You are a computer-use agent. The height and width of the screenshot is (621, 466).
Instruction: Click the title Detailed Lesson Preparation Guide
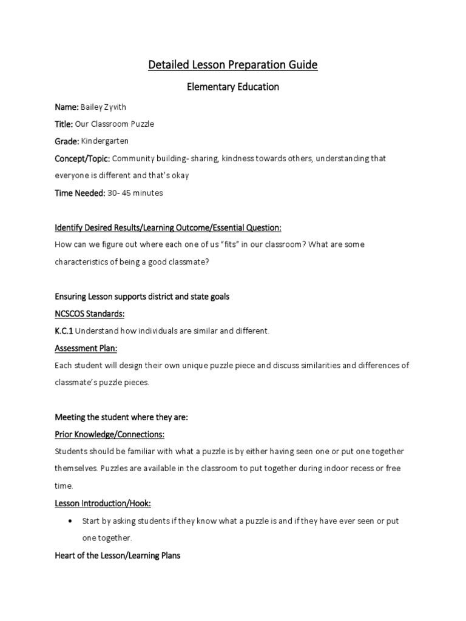(233, 64)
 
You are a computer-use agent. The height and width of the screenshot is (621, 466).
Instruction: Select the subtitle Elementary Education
(232, 87)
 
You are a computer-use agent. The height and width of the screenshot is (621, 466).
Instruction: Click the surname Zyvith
(113, 107)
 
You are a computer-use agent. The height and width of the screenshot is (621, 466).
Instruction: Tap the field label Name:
(67, 107)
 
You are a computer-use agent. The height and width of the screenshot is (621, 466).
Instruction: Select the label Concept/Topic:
(83, 158)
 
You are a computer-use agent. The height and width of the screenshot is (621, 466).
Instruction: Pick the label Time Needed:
(79, 193)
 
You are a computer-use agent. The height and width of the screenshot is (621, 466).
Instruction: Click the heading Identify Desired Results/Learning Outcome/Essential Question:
(169, 227)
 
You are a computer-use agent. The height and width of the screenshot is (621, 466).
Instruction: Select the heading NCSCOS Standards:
(90, 314)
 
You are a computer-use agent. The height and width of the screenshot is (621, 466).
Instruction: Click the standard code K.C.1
(64, 331)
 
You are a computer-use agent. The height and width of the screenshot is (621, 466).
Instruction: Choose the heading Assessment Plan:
(86, 349)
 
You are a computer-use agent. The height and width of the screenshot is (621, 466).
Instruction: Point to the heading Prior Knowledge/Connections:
(110, 435)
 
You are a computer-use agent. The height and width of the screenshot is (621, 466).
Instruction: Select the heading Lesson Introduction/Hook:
(103, 503)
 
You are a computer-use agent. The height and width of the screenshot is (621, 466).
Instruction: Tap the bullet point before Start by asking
(72, 521)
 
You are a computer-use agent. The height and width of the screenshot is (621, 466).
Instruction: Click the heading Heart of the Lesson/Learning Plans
(118, 555)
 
